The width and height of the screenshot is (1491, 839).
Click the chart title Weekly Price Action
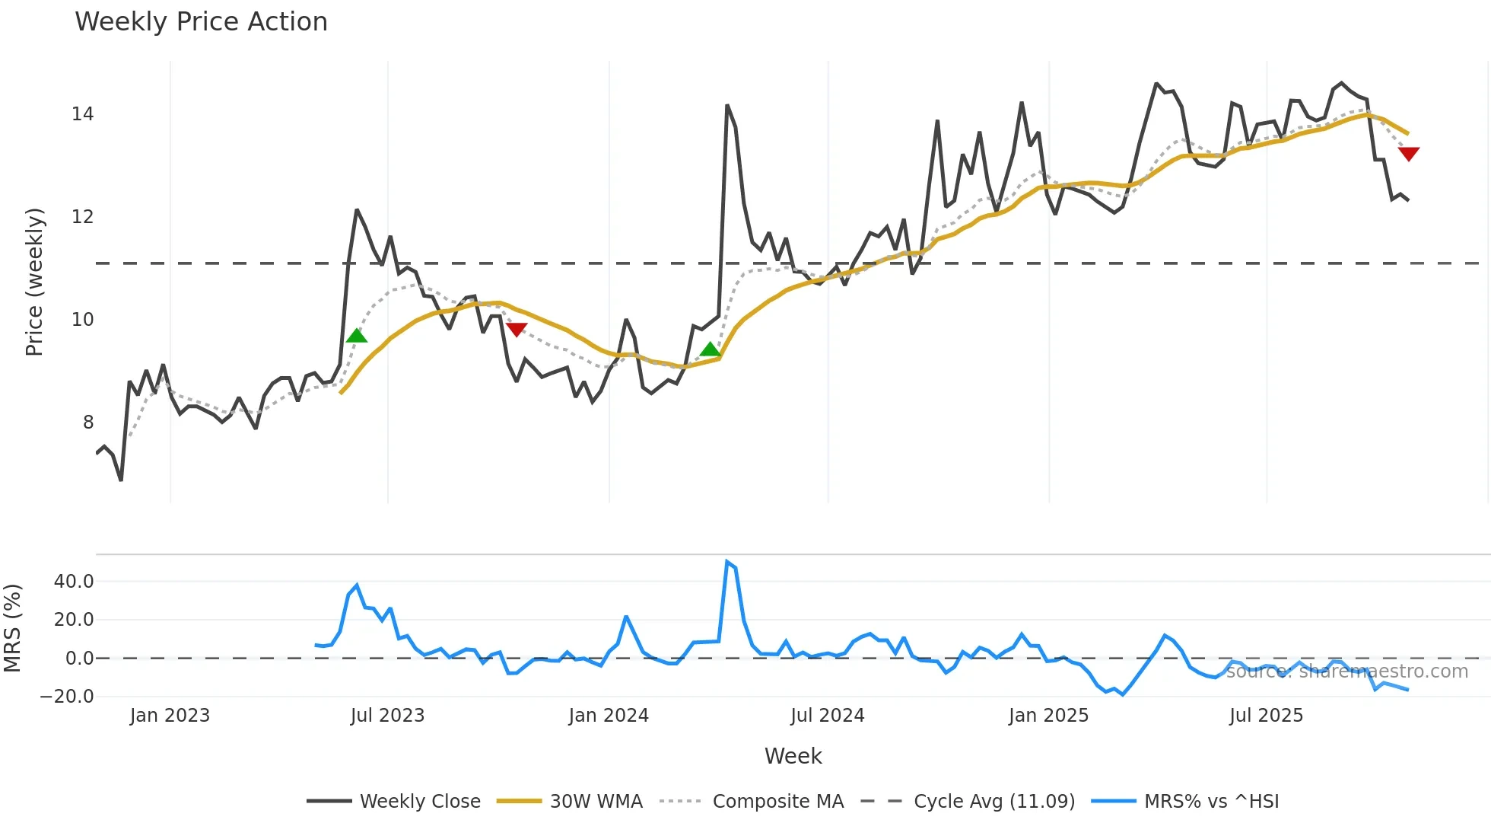201,22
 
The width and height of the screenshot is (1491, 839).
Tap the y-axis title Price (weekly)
35,282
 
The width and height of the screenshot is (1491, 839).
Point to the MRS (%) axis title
13,628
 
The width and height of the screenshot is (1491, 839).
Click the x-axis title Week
793,756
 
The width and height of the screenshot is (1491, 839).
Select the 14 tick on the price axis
82,114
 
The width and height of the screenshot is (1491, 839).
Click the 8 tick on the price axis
88,423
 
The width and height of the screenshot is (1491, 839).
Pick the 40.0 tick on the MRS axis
74,582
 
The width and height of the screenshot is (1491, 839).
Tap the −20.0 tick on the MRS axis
67,696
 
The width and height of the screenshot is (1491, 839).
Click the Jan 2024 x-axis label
609,716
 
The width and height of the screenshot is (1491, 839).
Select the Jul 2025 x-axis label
1266,716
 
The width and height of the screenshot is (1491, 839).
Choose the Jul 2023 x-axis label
387,716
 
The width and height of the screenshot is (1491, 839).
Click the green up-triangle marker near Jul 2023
356,336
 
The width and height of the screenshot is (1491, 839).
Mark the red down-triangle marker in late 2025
1409,154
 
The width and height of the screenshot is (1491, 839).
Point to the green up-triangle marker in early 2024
710,349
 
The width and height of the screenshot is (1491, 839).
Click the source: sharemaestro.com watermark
1346,672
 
